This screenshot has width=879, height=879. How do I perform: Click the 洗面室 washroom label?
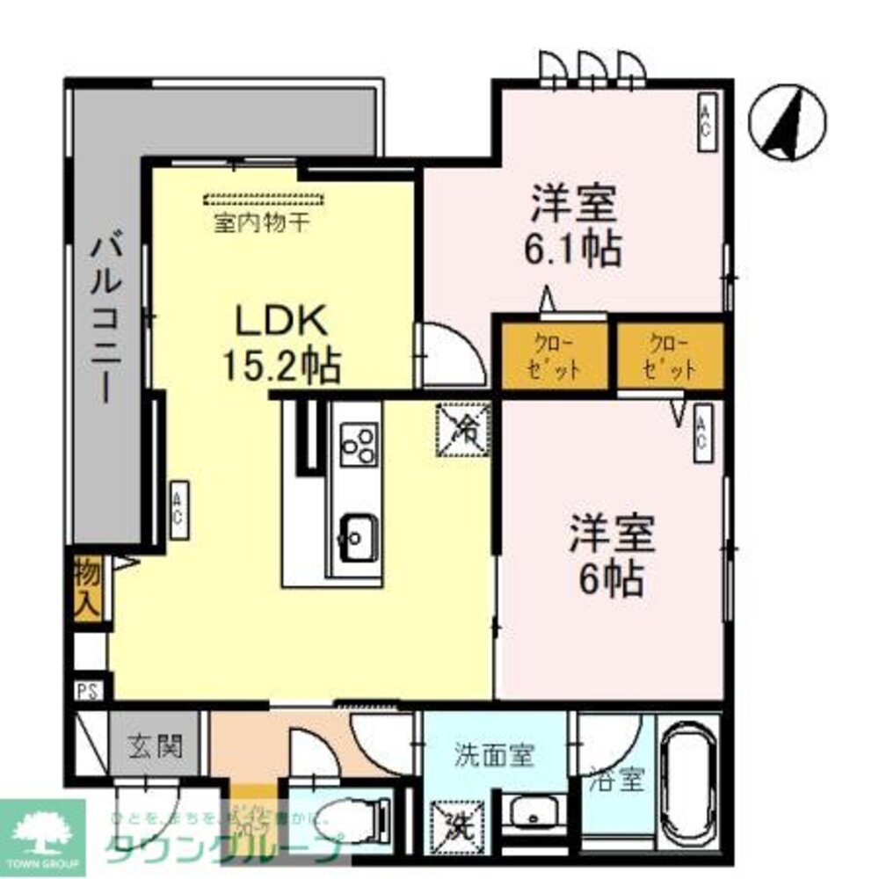point(494,754)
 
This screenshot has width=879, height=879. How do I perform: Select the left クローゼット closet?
point(555,355)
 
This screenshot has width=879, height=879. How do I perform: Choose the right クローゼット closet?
point(670,355)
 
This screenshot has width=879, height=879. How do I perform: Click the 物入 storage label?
point(85,588)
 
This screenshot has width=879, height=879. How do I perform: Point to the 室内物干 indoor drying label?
point(261,222)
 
